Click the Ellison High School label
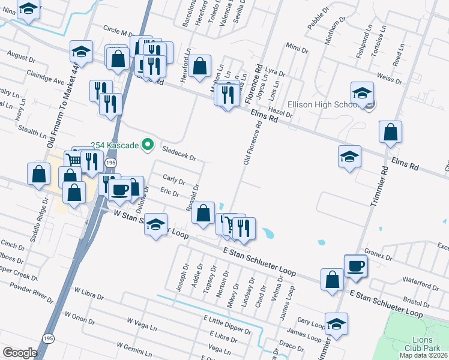tap(322, 104)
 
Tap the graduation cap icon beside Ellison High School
tap(363, 94)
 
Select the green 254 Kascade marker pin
tap(146, 145)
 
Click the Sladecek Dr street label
tap(179, 155)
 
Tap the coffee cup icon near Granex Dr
tap(355, 266)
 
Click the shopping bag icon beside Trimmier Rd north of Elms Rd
tap(390, 133)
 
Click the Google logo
tap(20, 352)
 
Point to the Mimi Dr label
tap(297, 47)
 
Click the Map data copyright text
tap(424, 355)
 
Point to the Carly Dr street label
tap(173, 179)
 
